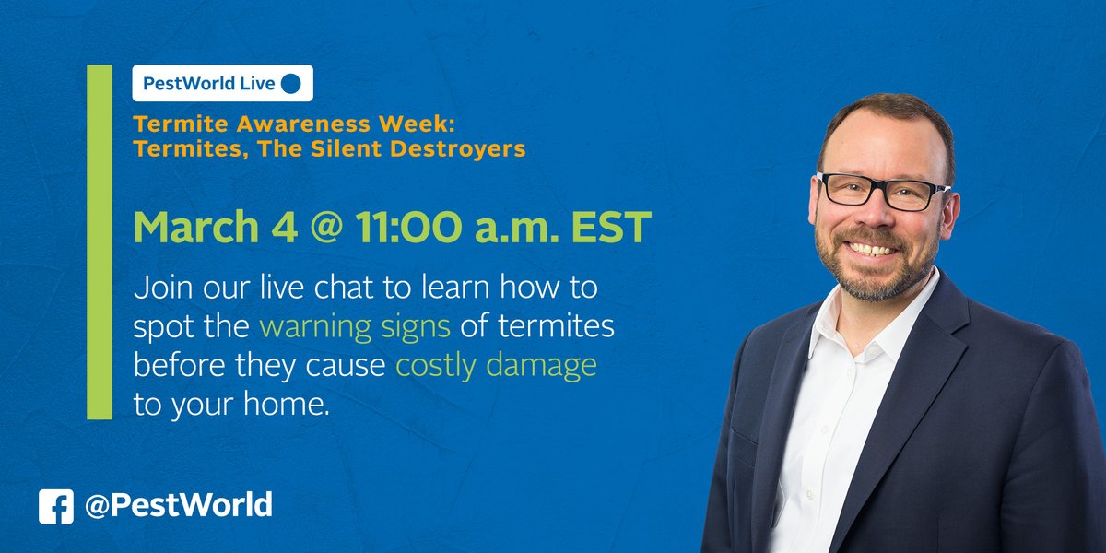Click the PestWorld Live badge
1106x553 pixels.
222,83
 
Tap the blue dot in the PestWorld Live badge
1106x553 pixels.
290,83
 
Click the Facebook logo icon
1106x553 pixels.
55,506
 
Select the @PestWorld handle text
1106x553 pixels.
180,505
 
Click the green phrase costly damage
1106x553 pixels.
496,366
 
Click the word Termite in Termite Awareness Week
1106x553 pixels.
171,124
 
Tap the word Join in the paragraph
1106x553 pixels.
160,288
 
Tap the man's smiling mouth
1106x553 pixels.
871,249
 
